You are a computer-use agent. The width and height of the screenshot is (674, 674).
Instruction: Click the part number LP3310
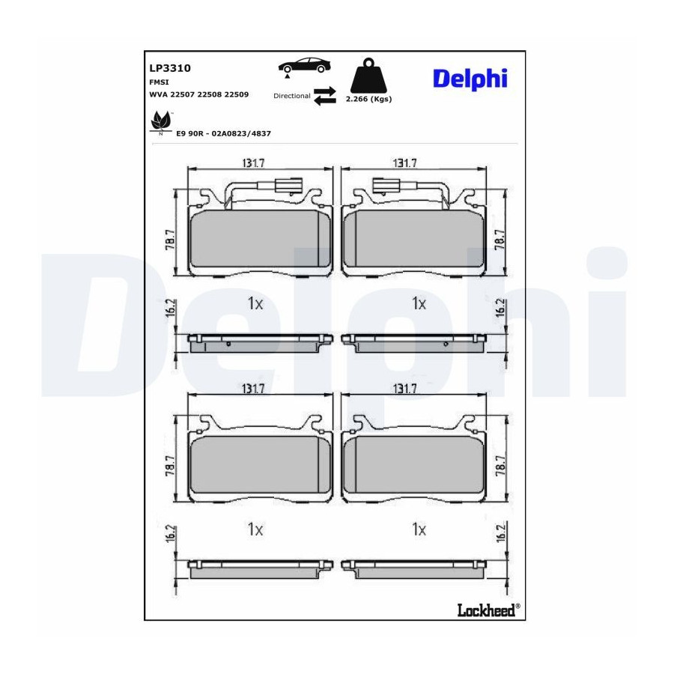point(170,68)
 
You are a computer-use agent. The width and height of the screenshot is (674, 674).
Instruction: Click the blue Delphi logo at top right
point(470,79)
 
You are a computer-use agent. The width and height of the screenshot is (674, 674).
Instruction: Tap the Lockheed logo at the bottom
point(488,610)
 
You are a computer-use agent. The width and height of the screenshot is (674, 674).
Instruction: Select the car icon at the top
point(305,67)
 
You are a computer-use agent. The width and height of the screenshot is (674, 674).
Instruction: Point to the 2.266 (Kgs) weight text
point(368,99)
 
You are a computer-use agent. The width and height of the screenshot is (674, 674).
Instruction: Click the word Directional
point(292,96)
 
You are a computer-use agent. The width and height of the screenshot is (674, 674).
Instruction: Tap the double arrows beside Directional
point(324,95)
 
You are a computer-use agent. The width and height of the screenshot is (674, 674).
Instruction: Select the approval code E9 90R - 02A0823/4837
point(223,134)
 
